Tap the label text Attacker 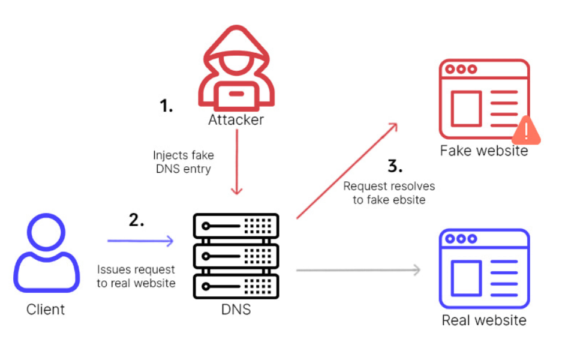coord(236,119)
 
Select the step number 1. coord(166,106)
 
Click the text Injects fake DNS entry coord(183,162)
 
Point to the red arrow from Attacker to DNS coord(237,162)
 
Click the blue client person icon coord(46,255)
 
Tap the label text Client coord(46,310)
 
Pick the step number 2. coord(137,220)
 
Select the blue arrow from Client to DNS coord(140,241)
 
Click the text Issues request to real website coord(136,276)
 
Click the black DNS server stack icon coord(236,256)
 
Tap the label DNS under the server coord(236,310)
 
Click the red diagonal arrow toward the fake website coord(347,170)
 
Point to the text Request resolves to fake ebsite coord(389,193)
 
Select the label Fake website coord(484,150)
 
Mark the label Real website coord(484,320)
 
